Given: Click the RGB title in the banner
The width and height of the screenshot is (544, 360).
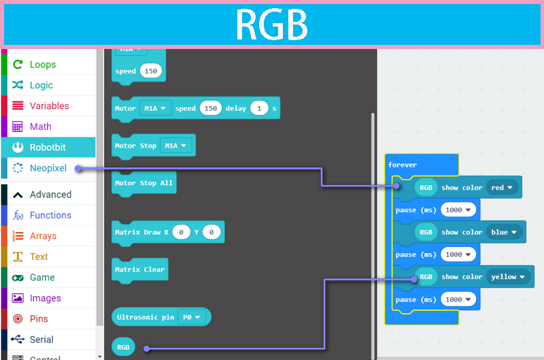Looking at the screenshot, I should tap(271, 25).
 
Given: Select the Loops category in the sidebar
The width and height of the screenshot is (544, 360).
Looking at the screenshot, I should tap(42, 65).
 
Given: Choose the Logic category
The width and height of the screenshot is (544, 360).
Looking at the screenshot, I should tap(41, 85).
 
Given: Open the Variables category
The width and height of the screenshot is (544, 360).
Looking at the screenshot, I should tap(49, 105).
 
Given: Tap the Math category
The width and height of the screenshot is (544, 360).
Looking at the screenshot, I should tap(40, 127).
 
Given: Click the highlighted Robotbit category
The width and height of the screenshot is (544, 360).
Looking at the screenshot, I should tap(48, 147).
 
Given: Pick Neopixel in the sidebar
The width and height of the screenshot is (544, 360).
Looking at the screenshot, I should tap(48, 168).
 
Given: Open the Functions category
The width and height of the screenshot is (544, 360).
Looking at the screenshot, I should tap(50, 215).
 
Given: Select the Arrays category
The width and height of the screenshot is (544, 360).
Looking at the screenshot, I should tap(43, 236).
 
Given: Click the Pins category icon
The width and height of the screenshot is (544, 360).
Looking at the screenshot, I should tap(18, 318).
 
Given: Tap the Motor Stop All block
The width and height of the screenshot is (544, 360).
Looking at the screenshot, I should tap(143, 183).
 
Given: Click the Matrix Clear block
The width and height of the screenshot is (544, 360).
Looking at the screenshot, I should tap(139, 269).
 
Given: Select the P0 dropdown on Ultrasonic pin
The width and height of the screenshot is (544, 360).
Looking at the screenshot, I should tap(191, 317).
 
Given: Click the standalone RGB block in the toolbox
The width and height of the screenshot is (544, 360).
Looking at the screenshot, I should tap(123, 348).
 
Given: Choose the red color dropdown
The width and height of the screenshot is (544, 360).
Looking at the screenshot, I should tap(503, 188).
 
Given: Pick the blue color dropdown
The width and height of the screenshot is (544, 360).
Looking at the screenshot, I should tap(504, 232).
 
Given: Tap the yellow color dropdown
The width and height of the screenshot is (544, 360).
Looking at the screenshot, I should tap(509, 277).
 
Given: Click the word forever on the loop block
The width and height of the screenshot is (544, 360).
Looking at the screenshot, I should tap(403, 165).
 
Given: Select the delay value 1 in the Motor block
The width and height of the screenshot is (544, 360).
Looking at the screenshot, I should tap(258, 108).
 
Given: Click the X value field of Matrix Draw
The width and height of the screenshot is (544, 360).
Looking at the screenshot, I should tap(181, 233).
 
